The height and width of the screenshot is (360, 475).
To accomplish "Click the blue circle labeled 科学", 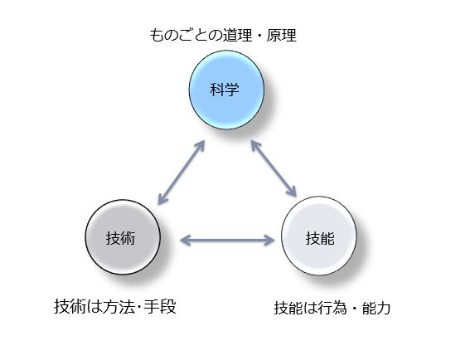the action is pos(226,90).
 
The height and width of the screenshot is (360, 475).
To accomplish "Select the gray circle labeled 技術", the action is pos(123,237).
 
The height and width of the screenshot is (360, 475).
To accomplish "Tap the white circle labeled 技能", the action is pos(319,236).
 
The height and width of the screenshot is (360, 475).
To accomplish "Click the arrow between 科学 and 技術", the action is pos(182,172).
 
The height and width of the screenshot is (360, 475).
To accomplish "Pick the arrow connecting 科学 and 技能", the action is pos(274,168).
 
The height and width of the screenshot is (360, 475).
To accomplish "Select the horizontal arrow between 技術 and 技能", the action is pos(227,241).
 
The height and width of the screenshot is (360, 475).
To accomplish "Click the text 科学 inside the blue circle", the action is pos(225,90).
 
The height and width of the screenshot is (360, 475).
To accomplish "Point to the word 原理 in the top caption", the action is pos(281,35).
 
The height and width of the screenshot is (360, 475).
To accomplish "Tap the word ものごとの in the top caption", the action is pos(186,35).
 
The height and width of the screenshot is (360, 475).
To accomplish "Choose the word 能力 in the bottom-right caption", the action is pos(376,309).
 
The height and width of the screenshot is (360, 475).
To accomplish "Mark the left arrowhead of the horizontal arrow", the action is pos(185,241).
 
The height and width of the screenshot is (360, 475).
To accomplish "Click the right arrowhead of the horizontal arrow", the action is pos(270,241).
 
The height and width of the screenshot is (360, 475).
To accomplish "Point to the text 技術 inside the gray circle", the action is pos(120,238).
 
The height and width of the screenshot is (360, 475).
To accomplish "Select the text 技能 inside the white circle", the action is pos(320,238).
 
